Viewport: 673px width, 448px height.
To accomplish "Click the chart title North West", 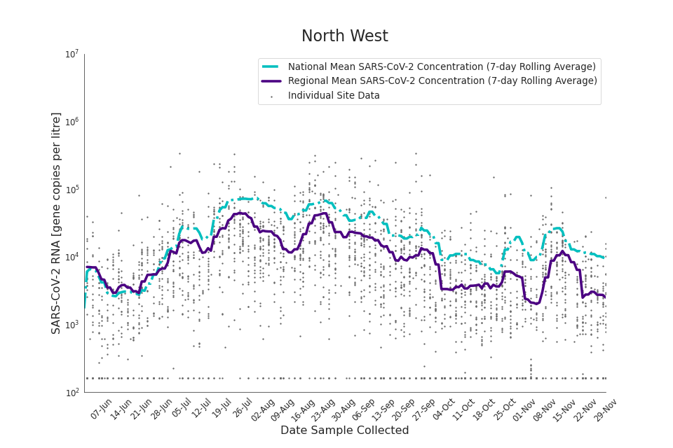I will [344, 36].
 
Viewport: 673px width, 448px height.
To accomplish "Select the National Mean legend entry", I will [442, 66].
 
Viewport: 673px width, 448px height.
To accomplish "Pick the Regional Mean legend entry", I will [442, 81].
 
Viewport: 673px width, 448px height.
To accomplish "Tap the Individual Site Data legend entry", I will [334, 96].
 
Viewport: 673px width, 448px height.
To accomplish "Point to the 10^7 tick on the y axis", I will [72, 55].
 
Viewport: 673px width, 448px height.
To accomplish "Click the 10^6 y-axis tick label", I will [72, 122].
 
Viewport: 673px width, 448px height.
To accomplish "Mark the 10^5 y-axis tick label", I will [72, 190].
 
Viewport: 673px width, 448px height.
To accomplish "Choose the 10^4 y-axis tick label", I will [72, 258].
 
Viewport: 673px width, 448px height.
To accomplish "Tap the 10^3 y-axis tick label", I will [72, 325].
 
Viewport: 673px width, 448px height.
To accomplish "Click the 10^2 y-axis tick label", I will [72, 393].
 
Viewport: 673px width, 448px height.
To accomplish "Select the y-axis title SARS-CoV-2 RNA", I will [56, 223].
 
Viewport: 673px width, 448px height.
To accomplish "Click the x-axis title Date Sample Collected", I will [344, 430].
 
